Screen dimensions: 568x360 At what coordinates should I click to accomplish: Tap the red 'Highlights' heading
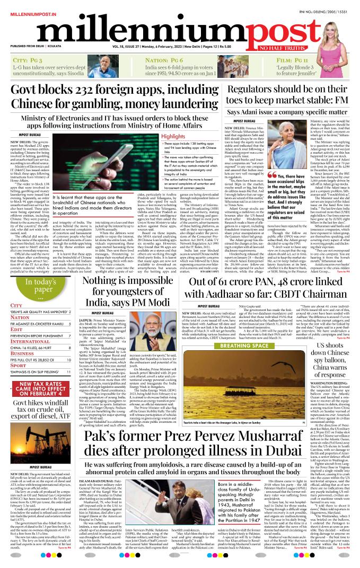[173, 136]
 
